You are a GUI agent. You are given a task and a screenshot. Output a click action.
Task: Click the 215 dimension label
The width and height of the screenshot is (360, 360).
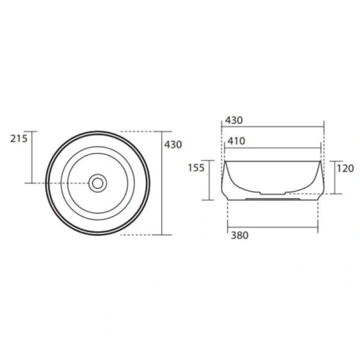(x=19, y=139)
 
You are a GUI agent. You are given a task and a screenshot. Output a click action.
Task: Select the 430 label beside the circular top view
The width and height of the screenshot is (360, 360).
(x=173, y=145)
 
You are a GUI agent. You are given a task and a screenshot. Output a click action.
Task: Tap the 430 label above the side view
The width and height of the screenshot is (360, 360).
(x=233, y=120)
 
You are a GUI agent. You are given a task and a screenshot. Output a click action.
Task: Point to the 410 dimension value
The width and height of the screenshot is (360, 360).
(x=236, y=141)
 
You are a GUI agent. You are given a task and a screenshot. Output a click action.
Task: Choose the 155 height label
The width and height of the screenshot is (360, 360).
(x=196, y=167)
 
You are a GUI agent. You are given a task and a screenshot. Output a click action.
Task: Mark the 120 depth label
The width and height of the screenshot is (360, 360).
(x=345, y=168)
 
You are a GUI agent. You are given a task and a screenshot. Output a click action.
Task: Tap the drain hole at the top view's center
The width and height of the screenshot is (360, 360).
(x=97, y=182)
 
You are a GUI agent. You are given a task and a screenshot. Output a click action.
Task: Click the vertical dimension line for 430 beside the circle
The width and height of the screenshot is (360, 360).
(x=162, y=182)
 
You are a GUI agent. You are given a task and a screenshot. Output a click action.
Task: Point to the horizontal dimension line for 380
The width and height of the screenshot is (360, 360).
(x=272, y=226)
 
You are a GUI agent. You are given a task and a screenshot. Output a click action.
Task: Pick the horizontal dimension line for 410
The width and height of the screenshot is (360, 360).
(x=273, y=148)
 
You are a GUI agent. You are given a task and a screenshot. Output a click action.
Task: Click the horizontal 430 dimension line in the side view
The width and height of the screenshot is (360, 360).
(x=273, y=127)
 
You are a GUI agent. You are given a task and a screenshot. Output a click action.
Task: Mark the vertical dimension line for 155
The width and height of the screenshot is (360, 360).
(x=209, y=180)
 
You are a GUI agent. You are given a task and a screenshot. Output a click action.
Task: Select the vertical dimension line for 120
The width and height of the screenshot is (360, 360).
(x=334, y=178)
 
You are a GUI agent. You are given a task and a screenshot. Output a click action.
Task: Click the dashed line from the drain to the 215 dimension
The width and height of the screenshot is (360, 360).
(x=60, y=182)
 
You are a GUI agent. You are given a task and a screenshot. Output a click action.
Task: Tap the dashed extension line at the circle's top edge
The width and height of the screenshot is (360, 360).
(x=141, y=131)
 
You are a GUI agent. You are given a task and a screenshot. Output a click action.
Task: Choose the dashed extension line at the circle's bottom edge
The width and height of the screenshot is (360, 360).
(x=141, y=235)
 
